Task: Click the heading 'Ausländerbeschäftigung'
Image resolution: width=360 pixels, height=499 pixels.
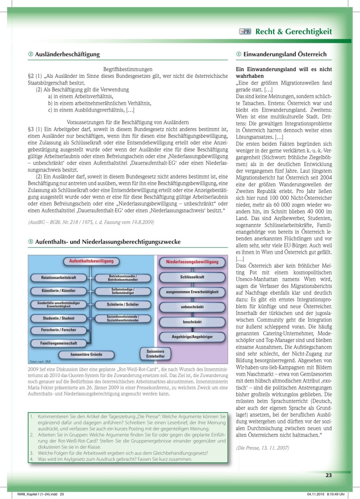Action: (x=67, y=54)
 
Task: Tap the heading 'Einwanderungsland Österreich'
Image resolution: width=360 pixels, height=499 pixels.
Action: (x=284, y=54)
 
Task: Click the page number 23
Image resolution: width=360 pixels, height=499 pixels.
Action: (x=328, y=475)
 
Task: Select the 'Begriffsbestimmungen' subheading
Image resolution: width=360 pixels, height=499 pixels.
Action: (x=128, y=69)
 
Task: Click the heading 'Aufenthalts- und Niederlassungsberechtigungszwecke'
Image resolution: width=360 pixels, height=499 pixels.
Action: (x=108, y=242)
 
